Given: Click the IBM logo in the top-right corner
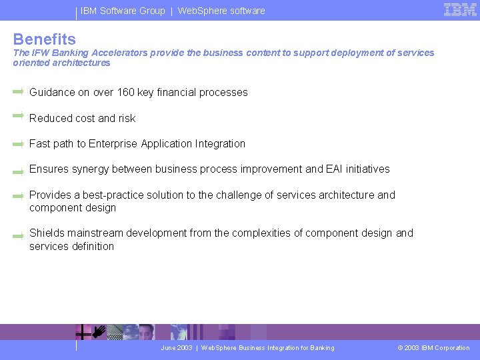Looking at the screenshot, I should click(x=460, y=10).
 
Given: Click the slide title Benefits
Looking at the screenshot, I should click(x=45, y=39).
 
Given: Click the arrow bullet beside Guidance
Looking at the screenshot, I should click(x=19, y=91).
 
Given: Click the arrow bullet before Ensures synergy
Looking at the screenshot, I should click(x=19, y=170).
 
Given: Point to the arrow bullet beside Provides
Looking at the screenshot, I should click(x=19, y=196).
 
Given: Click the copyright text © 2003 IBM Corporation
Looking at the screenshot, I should click(x=433, y=348).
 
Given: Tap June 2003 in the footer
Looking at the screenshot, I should click(x=177, y=348).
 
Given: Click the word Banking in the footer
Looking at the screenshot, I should click(x=322, y=348).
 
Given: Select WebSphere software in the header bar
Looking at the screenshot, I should click(x=221, y=11).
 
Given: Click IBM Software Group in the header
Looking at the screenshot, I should click(x=123, y=11).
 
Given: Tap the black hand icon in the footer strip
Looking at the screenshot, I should click(x=99, y=331).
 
